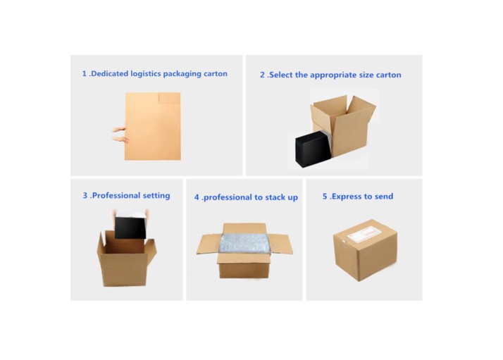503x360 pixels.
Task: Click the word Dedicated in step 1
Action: (110, 74)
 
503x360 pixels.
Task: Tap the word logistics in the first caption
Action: (146, 74)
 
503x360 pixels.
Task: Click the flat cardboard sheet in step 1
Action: (153, 126)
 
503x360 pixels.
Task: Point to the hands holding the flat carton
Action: (120, 135)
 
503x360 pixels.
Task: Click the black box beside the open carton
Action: (313, 149)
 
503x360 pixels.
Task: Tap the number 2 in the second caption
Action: (262, 75)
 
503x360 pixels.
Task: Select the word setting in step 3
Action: (156, 196)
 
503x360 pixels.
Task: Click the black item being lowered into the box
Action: (130, 228)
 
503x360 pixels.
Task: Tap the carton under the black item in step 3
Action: (126, 259)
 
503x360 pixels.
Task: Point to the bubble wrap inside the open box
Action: (244, 243)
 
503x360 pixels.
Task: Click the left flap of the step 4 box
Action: (208, 244)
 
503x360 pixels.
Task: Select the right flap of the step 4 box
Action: (280, 244)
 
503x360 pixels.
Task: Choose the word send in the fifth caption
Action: (384, 197)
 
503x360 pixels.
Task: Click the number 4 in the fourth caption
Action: (197, 197)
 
